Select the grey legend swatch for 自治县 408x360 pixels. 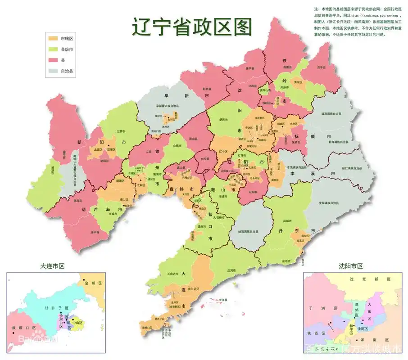(53, 71)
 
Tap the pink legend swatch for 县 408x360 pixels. (53, 60)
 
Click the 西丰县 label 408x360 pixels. (321, 67)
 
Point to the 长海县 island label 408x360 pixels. (222, 300)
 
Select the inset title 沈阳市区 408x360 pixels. (351, 266)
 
